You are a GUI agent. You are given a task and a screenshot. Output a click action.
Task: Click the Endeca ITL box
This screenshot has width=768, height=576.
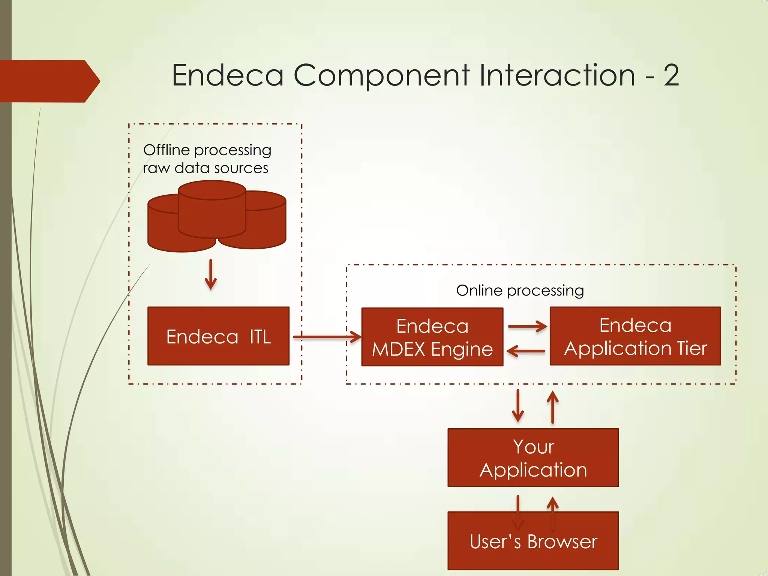218,336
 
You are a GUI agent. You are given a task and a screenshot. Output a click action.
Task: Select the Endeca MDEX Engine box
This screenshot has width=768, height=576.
432,337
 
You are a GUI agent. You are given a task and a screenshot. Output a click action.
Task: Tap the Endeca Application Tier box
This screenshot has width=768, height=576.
635,336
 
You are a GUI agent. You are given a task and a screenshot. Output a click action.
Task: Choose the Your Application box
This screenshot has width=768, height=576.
533,457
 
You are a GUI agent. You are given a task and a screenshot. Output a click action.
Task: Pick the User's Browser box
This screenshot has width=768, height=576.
533,541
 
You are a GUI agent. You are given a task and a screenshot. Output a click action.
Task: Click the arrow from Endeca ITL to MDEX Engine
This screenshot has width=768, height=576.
326,337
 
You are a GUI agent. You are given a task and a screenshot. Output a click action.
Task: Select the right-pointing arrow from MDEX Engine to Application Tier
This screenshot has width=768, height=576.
527,326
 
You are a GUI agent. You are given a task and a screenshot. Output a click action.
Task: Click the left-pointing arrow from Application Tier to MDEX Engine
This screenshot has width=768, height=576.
526,351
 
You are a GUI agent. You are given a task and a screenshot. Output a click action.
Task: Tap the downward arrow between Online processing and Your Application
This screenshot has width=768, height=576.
518,406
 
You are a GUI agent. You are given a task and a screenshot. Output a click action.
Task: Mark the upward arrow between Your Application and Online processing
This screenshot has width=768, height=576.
552,406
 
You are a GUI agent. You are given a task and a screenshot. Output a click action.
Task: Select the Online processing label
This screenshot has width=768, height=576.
520,291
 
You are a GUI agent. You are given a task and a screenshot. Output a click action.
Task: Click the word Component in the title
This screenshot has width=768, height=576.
381,76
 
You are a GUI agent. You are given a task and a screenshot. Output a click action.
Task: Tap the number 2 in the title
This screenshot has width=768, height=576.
671,76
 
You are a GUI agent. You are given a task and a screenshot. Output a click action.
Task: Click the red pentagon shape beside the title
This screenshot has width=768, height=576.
49,81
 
